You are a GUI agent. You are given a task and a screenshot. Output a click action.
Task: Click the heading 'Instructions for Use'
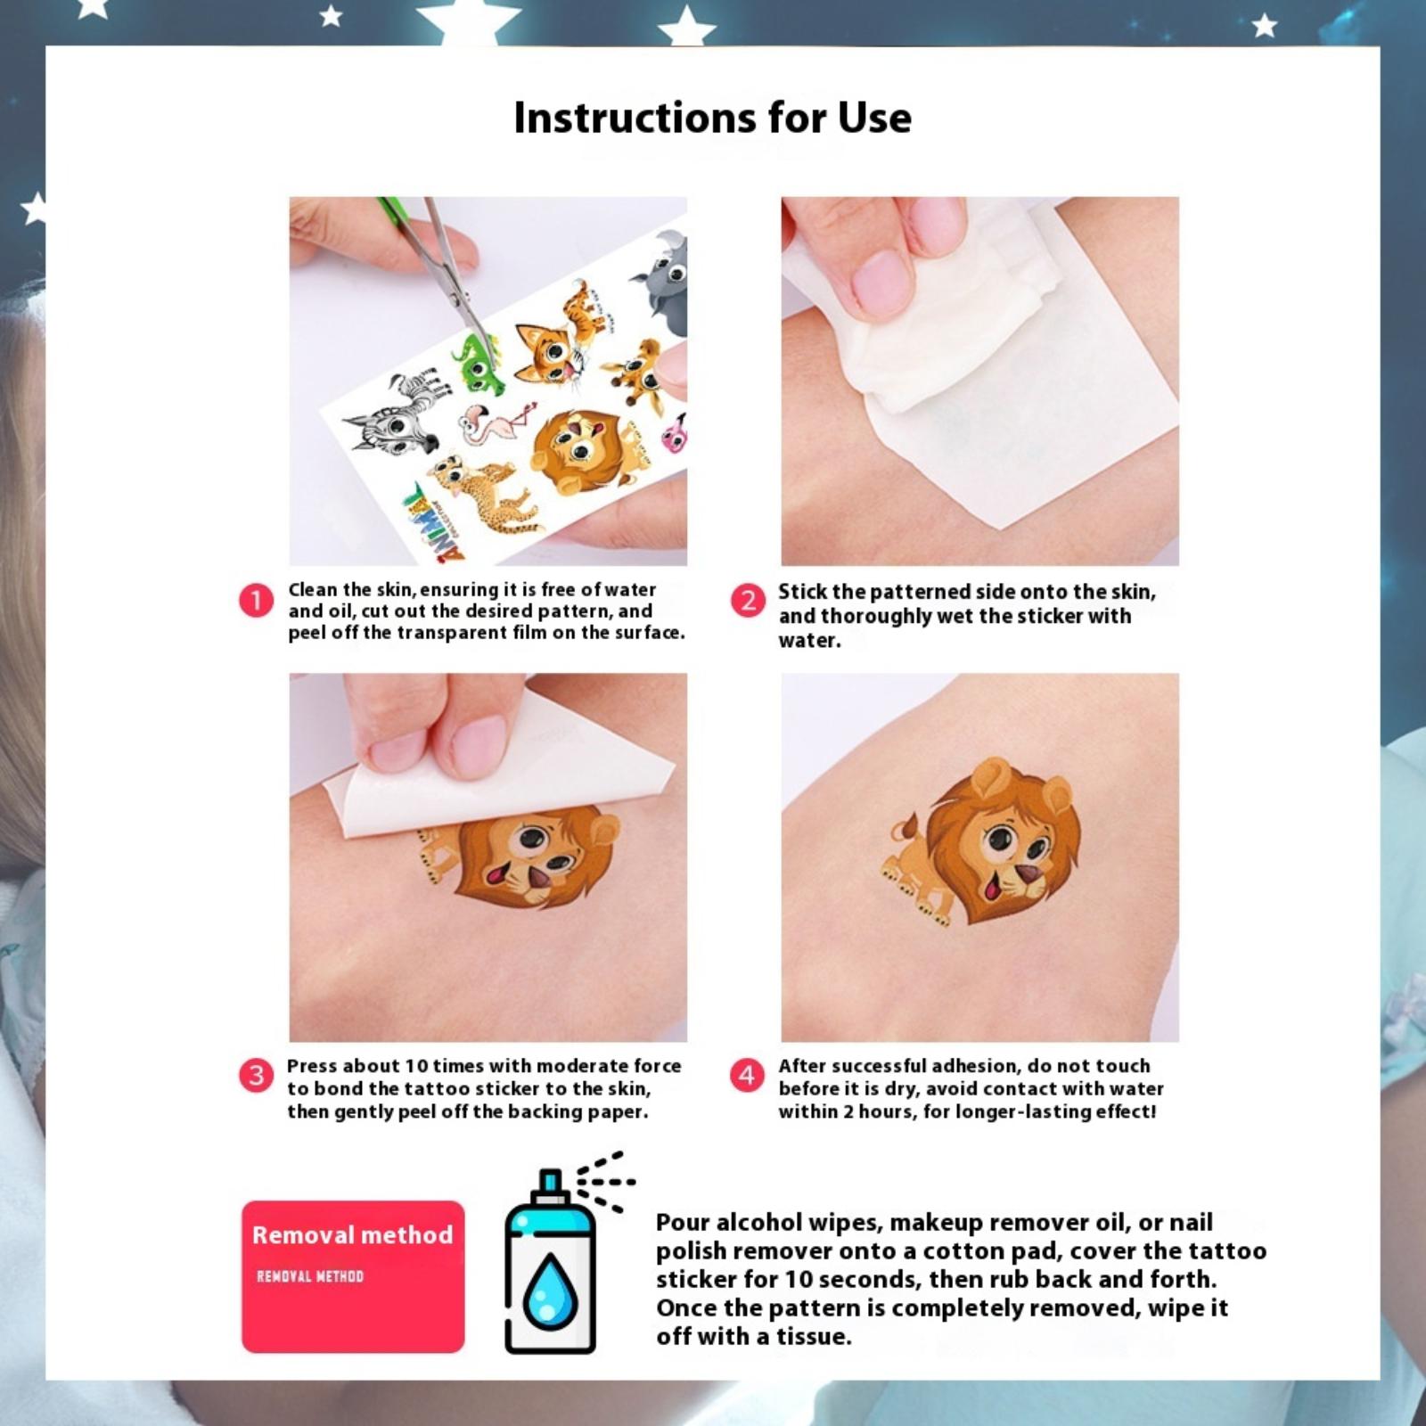pyautogui.click(x=713, y=118)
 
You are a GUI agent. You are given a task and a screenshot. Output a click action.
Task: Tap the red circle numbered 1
pyautogui.click(x=256, y=601)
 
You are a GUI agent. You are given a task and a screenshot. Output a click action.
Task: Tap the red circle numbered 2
pyautogui.click(x=748, y=601)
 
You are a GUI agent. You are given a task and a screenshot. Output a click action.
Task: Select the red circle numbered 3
pyautogui.click(x=256, y=1076)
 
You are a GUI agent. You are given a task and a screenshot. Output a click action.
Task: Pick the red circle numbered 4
pyautogui.click(x=747, y=1076)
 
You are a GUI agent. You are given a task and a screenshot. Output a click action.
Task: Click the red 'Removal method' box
pyautogui.click(x=353, y=1276)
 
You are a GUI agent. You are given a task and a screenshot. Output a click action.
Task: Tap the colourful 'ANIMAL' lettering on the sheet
pyautogui.click(x=430, y=523)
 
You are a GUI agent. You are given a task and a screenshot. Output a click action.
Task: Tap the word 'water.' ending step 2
pyautogui.click(x=809, y=640)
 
